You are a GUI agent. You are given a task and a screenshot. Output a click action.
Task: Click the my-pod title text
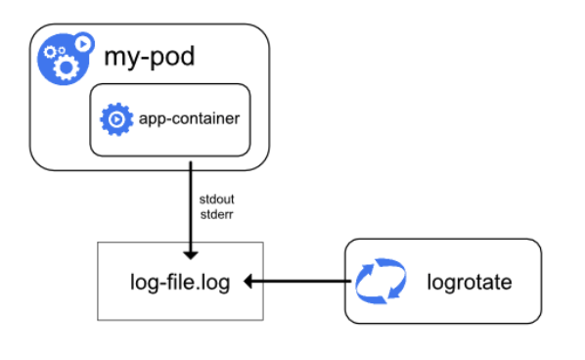tap(150, 57)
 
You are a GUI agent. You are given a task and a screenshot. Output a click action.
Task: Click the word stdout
tap(216, 199)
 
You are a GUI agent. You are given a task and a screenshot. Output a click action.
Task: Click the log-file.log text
tap(181, 282)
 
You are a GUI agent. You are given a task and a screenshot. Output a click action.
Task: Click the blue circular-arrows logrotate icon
tap(379, 282)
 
